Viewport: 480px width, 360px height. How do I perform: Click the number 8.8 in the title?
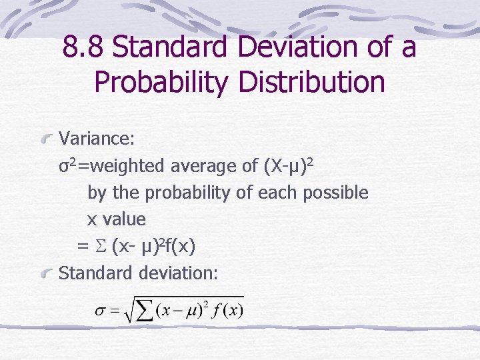(x=83, y=48)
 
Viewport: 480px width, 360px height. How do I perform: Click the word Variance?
(x=97, y=139)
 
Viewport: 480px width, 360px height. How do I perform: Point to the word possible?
(x=335, y=193)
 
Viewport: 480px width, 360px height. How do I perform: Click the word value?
(x=124, y=219)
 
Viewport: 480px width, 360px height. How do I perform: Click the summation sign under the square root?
(x=143, y=312)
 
